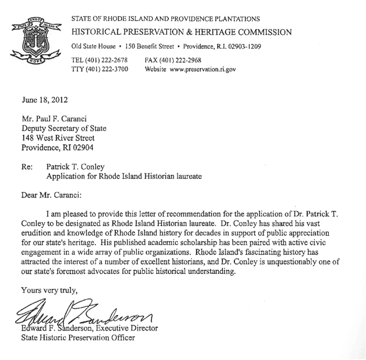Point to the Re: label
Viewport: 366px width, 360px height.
click(26, 167)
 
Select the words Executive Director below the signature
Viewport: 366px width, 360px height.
click(127, 329)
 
